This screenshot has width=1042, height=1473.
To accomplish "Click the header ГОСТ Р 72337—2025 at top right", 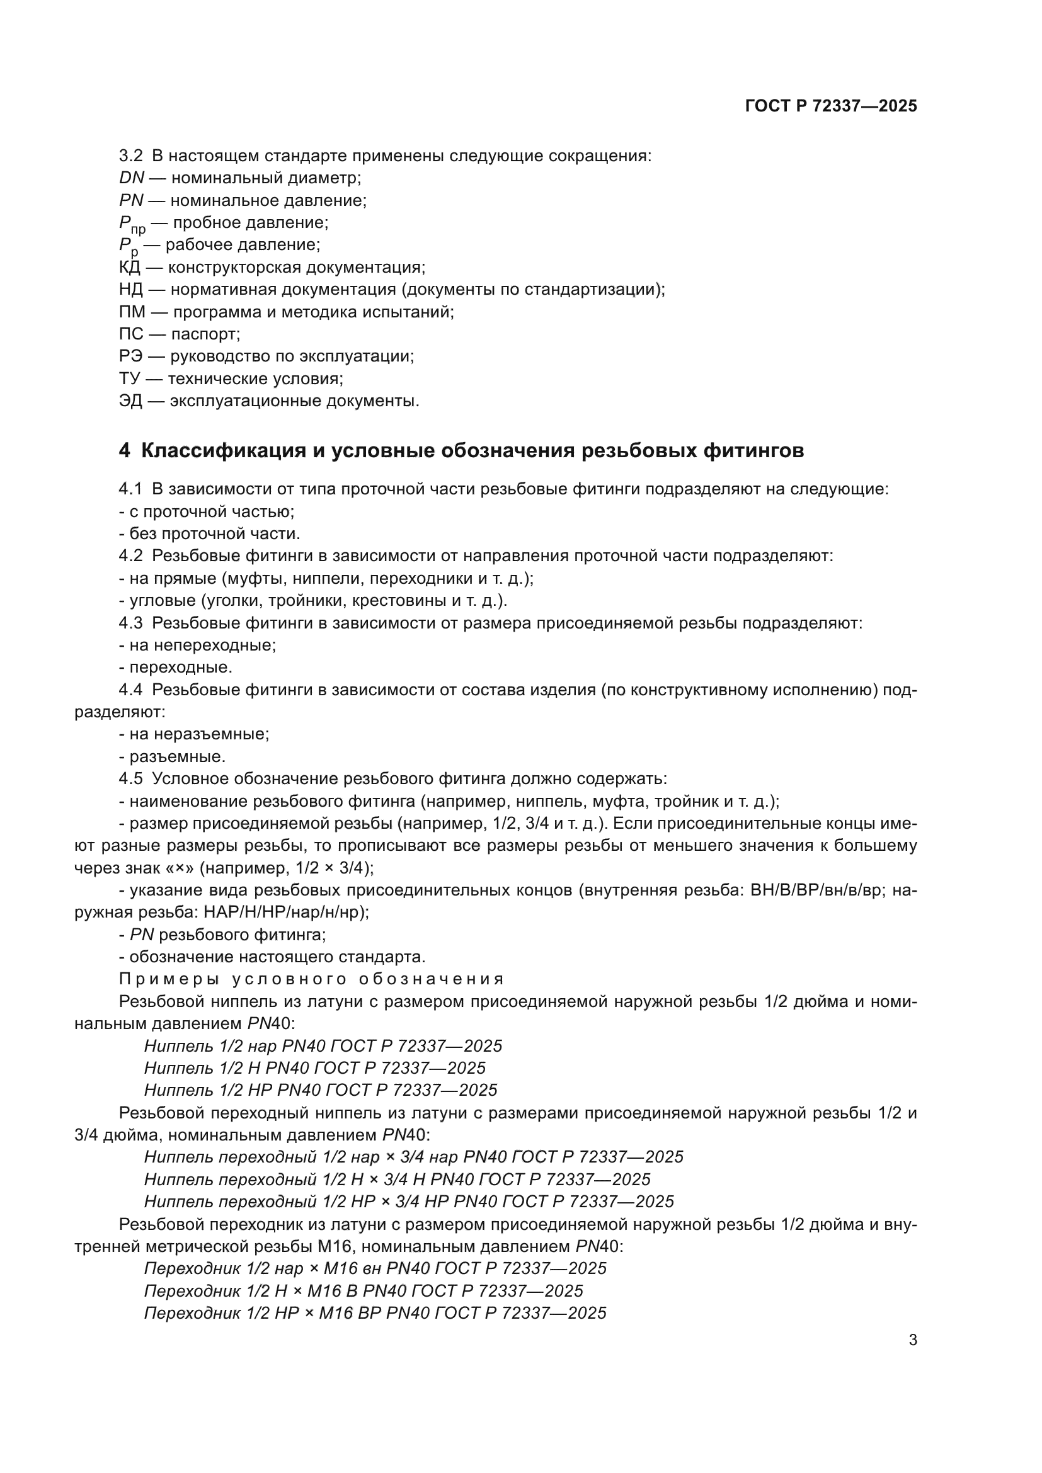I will [831, 106].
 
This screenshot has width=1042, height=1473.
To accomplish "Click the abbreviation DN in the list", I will [132, 178].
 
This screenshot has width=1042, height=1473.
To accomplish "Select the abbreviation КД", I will [130, 267].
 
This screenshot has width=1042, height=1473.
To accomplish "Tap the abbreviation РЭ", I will [131, 356].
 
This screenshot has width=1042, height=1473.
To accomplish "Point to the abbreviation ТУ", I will [129, 378].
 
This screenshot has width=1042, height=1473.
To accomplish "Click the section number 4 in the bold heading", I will [124, 450].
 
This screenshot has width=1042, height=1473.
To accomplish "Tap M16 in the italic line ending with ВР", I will [336, 1312].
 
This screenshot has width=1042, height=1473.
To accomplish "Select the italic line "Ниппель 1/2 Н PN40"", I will [314, 1068].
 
